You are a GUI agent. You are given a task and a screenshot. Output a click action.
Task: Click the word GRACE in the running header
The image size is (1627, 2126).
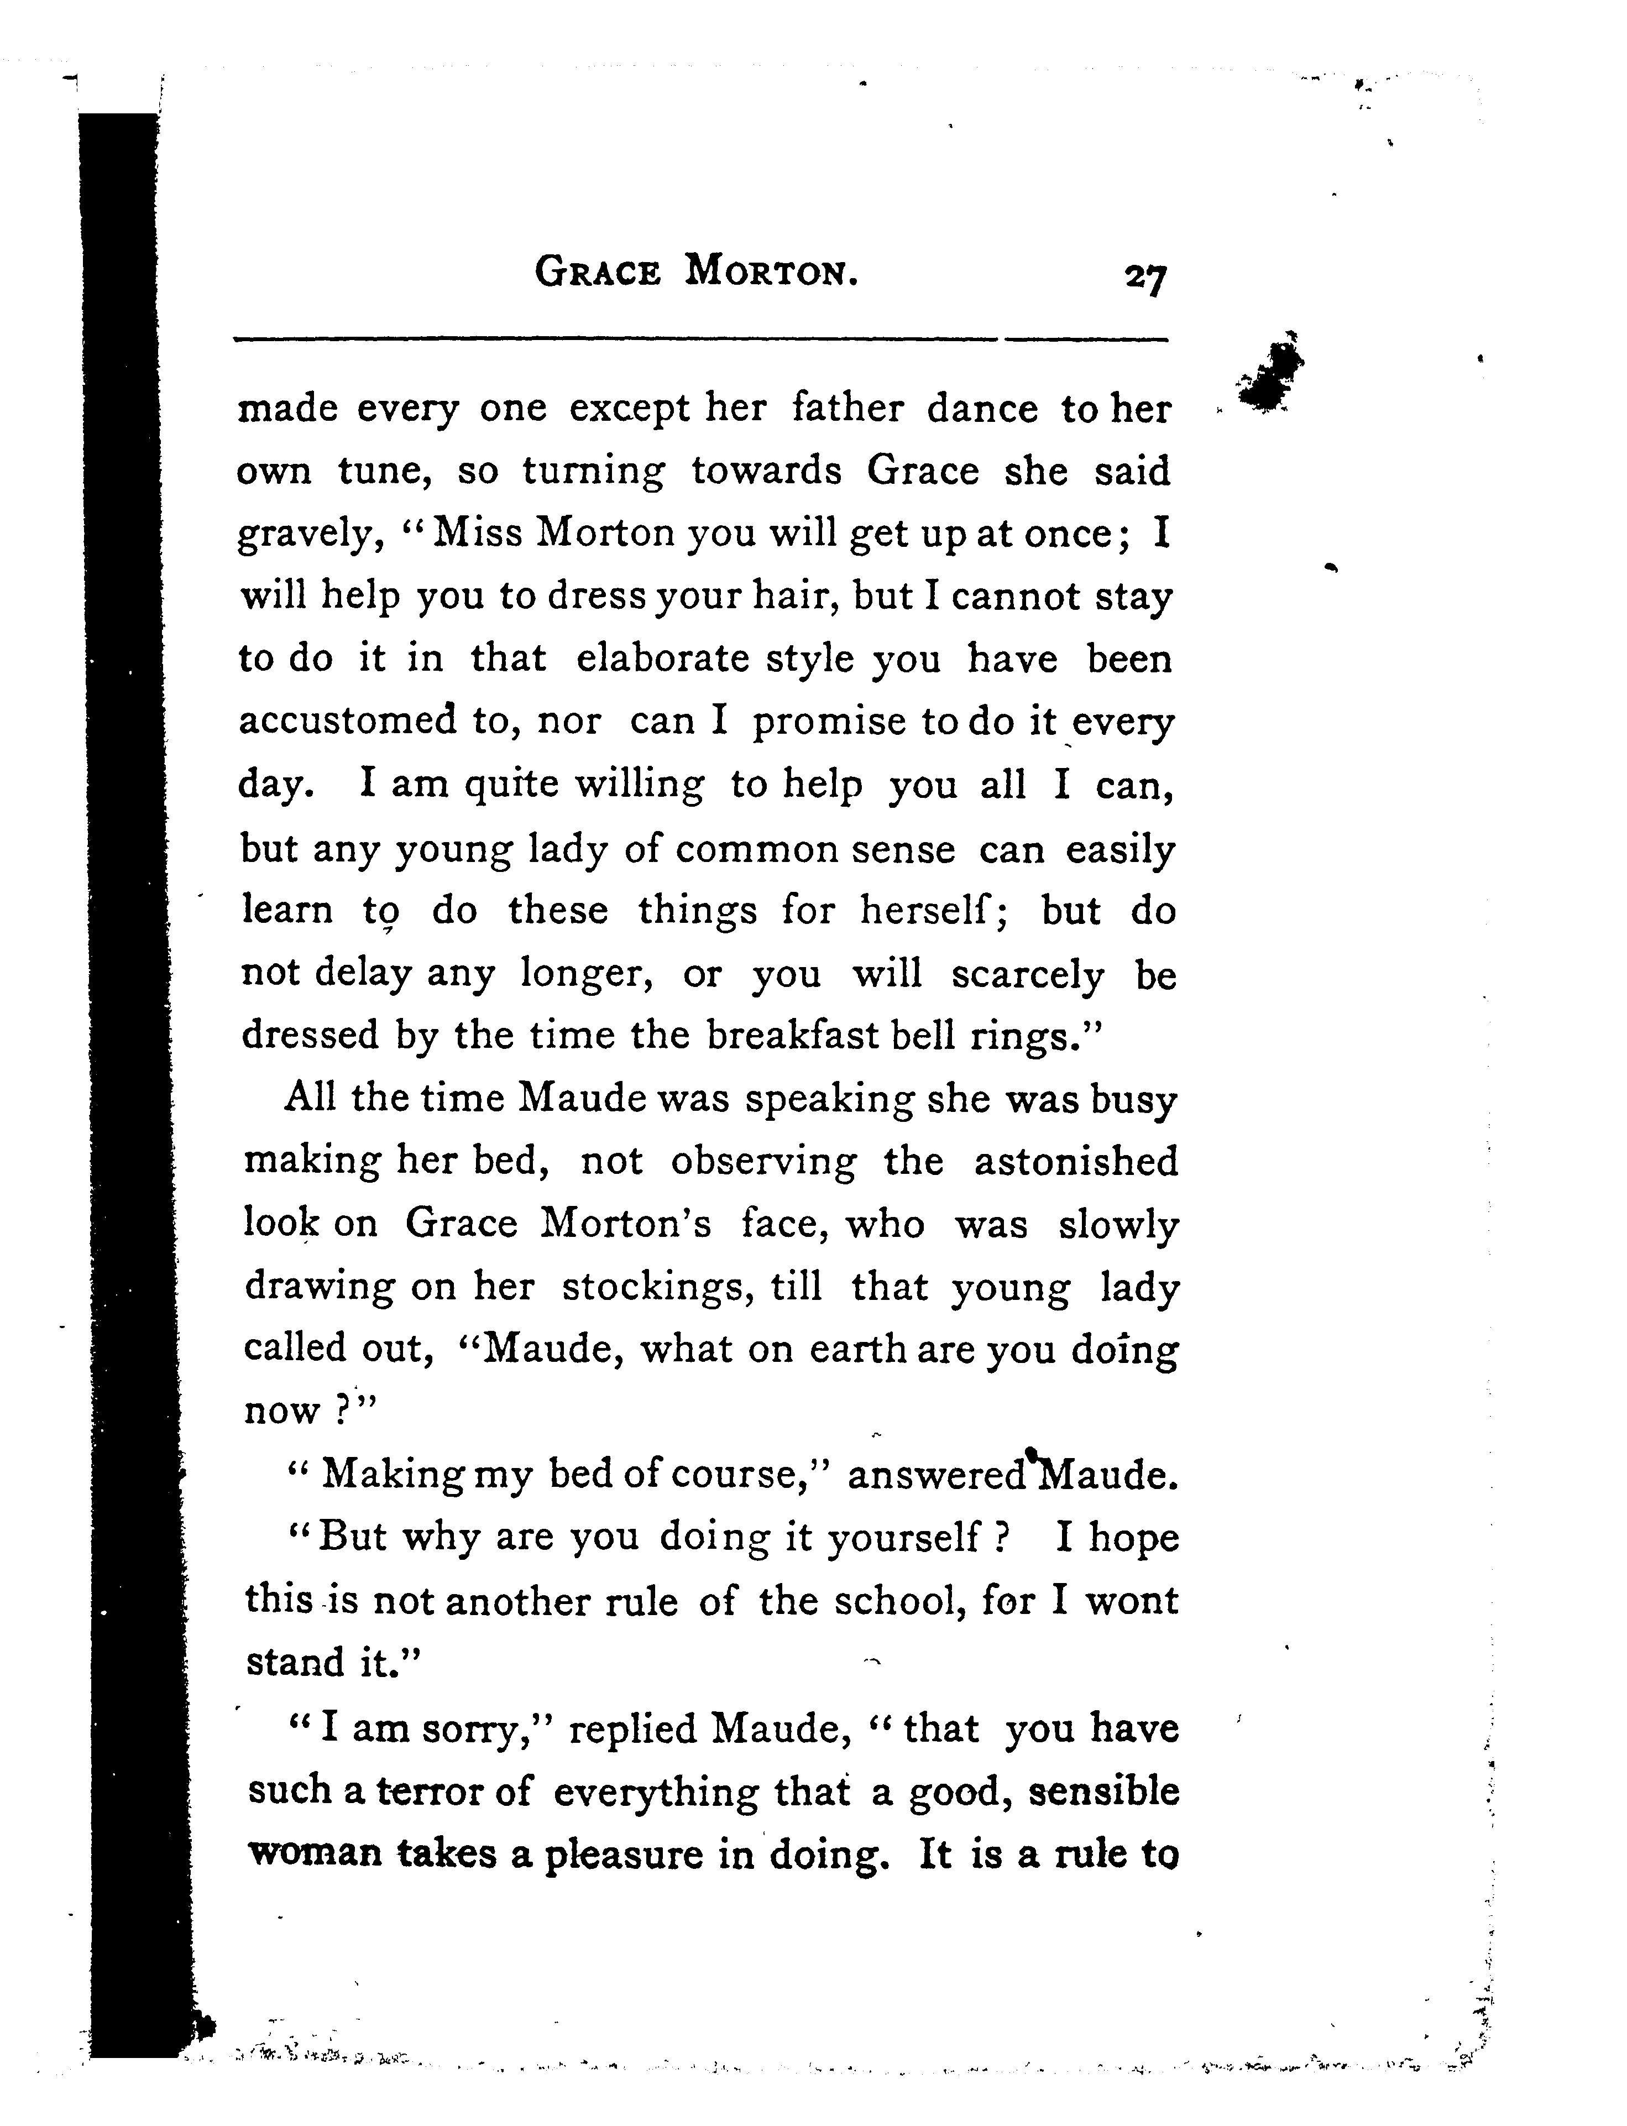point(598,272)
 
